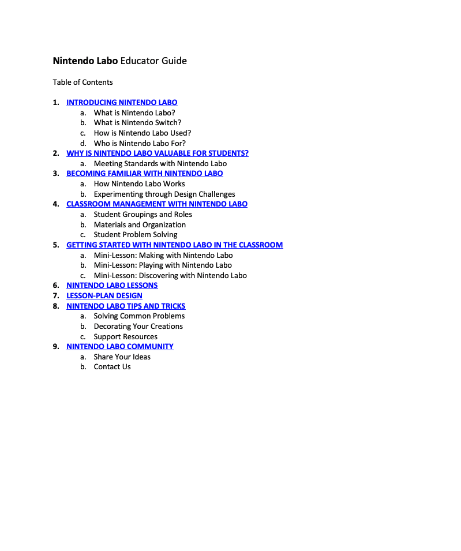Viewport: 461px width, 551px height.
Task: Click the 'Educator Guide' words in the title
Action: [x=153, y=61]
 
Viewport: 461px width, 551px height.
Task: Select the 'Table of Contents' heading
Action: [x=83, y=82]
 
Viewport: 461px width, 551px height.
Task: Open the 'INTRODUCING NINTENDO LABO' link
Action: [x=122, y=103]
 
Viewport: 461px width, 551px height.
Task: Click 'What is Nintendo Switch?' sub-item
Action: [x=137, y=123]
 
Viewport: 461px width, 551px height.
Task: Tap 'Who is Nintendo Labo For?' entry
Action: [x=140, y=143]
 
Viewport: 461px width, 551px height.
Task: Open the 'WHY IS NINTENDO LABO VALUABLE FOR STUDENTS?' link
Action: [x=157, y=153]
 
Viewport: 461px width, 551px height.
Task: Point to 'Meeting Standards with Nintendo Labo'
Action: [x=160, y=164]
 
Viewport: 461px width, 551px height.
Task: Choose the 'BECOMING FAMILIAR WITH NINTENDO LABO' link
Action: [x=144, y=174]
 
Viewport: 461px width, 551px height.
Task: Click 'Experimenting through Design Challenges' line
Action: [x=164, y=194]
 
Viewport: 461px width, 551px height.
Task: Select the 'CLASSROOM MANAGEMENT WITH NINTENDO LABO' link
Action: [x=156, y=204]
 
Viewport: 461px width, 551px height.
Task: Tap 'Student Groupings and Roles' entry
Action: [x=143, y=215]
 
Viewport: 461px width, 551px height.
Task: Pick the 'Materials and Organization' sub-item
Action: [x=140, y=225]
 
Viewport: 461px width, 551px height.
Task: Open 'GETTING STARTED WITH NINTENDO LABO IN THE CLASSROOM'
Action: [x=174, y=245]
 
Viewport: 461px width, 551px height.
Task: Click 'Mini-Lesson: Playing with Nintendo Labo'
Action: [x=163, y=265]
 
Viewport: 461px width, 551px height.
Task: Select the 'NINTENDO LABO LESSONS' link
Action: [x=112, y=286]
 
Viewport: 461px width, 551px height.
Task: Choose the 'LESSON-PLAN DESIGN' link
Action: [x=104, y=296]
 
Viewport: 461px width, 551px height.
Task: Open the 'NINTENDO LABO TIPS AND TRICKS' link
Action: [x=126, y=306]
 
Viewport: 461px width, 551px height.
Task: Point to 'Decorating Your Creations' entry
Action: [x=138, y=327]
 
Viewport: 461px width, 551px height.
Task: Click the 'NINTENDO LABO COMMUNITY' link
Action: [x=119, y=347]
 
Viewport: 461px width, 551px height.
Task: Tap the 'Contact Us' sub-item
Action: [x=112, y=367]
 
